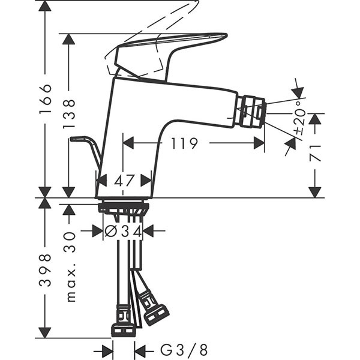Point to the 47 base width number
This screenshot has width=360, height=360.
coord(124,180)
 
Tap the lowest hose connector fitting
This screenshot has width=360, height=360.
coord(124,329)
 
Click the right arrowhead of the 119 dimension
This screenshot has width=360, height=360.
coord(259,143)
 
